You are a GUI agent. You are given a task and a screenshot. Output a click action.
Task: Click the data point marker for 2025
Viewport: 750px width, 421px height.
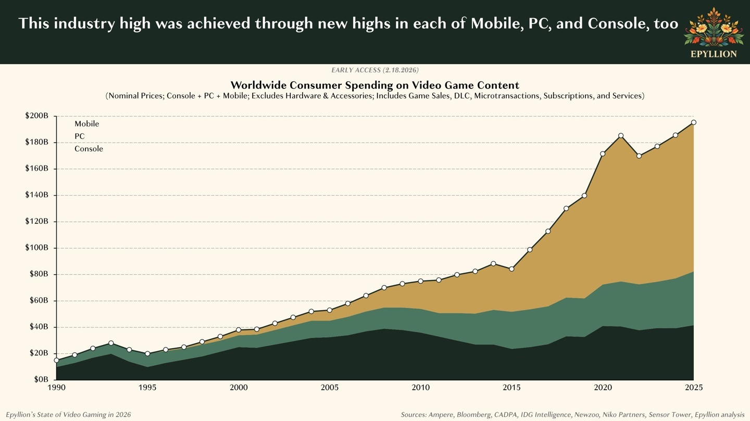click(x=693, y=123)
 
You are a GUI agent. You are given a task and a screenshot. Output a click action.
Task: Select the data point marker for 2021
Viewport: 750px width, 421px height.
click(x=620, y=136)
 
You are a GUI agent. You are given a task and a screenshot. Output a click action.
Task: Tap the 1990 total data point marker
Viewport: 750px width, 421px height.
click(x=56, y=360)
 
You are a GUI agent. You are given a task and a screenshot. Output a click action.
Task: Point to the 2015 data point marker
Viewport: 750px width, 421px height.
click(x=511, y=269)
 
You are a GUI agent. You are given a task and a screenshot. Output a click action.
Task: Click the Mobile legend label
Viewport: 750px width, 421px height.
click(x=86, y=124)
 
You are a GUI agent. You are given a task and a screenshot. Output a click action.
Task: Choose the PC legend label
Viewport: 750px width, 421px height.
click(x=79, y=136)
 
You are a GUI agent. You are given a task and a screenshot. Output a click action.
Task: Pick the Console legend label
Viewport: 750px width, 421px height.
click(x=89, y=149)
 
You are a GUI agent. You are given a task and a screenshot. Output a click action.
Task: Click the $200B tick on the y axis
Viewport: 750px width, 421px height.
click(x=36, y=116)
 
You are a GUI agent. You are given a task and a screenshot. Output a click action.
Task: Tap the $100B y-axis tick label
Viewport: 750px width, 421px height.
click(x=36, y=248)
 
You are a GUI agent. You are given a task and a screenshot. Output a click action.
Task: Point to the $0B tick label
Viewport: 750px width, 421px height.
click(x=41, y=379)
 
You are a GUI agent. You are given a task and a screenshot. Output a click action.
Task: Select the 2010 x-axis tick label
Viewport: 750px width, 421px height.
click(x=420, y=388)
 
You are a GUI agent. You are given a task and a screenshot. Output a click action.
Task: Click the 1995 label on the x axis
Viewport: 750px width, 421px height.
click(x=147, y=388)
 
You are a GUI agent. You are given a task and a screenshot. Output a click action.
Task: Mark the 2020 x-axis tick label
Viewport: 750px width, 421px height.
click(x=603, y=388)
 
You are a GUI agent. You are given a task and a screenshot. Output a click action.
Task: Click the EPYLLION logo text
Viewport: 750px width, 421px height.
click(x=713, y=54)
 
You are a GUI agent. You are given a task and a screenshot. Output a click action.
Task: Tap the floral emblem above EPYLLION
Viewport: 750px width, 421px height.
click(x=713, y=27)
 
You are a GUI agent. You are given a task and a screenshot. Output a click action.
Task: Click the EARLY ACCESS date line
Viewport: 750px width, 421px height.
click(x=374, y=70)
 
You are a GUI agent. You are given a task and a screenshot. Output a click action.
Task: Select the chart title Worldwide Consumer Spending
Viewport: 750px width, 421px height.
click(x=374, y=85)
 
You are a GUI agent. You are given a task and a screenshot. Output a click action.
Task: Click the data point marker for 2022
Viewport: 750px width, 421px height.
click(x=639, y=156)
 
